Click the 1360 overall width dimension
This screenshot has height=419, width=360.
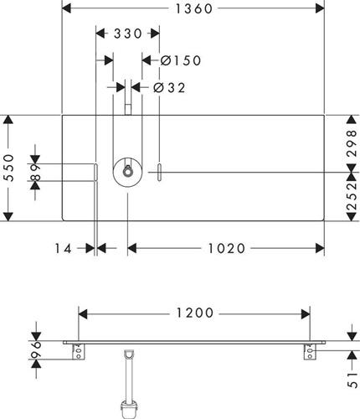[x=194, y=8]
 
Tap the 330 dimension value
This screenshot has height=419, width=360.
[x=128, y=34]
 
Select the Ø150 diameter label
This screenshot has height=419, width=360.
[x=181, y=60]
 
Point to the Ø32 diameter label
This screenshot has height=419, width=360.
[x=169, y=88]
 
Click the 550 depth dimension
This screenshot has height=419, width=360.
[x=9, y=168]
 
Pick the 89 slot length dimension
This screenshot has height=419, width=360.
[x=35, y=173]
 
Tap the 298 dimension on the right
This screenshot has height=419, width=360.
[x=352, y=143]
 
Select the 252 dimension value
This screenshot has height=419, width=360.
[x=352, y=196]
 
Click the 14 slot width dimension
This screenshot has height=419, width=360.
[x=63, y=248]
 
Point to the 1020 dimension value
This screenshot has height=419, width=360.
[x=227, y=248]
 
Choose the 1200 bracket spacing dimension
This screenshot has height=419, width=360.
[x=195, y=313]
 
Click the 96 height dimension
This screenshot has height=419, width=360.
[x=35, y=349]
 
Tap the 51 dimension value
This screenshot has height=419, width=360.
[x=352, y=380]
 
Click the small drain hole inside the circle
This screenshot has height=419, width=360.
[x=127, y=172]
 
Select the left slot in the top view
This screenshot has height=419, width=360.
[x=95, y=173]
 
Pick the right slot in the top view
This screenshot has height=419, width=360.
[x=159, y=173]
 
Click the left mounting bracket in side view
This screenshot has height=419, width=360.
[x=79, y=352]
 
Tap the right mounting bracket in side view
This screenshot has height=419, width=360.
[x=310, y=352]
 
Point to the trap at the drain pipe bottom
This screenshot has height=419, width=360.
[x=128, y=410]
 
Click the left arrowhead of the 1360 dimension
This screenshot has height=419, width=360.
[x=66, y=8]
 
